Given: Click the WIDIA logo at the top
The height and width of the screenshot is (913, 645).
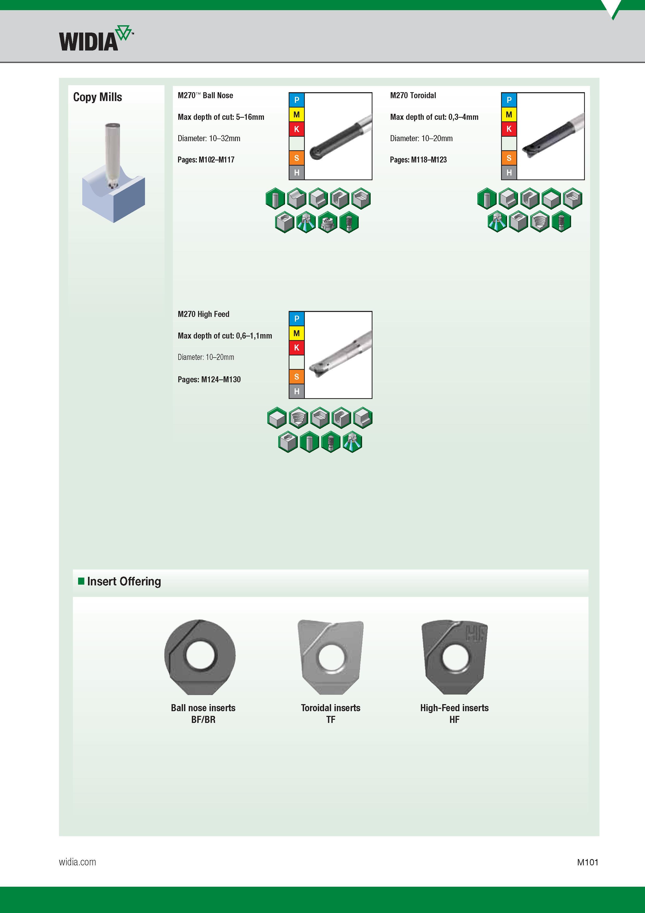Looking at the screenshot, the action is (96, 39).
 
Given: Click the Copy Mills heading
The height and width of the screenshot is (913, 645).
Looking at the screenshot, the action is (97, 97).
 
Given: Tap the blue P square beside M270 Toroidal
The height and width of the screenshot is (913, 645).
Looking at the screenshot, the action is (509, 100).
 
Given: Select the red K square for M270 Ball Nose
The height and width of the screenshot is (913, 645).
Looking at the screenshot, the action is (296, 129).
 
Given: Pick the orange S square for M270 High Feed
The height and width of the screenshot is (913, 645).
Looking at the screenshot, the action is (296, 377).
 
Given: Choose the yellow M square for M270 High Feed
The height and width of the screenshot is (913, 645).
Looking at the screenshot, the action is (296, 333).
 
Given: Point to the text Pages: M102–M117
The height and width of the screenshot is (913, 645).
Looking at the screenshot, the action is (206, 160).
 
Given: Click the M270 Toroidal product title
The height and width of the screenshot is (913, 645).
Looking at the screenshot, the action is (413, 95).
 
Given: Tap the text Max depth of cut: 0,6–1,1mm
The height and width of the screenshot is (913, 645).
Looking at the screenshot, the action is (225, 336).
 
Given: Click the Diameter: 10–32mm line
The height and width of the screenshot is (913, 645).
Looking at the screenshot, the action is (209, 138).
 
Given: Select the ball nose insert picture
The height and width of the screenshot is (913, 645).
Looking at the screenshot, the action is (200, 657).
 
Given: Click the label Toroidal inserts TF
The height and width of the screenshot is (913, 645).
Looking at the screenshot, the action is (331, 713).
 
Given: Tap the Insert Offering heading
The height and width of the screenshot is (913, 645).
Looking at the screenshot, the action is (124, 581).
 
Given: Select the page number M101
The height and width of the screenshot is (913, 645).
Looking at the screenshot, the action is (588, 862).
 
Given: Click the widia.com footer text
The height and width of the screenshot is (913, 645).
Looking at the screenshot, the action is (78, 862).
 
